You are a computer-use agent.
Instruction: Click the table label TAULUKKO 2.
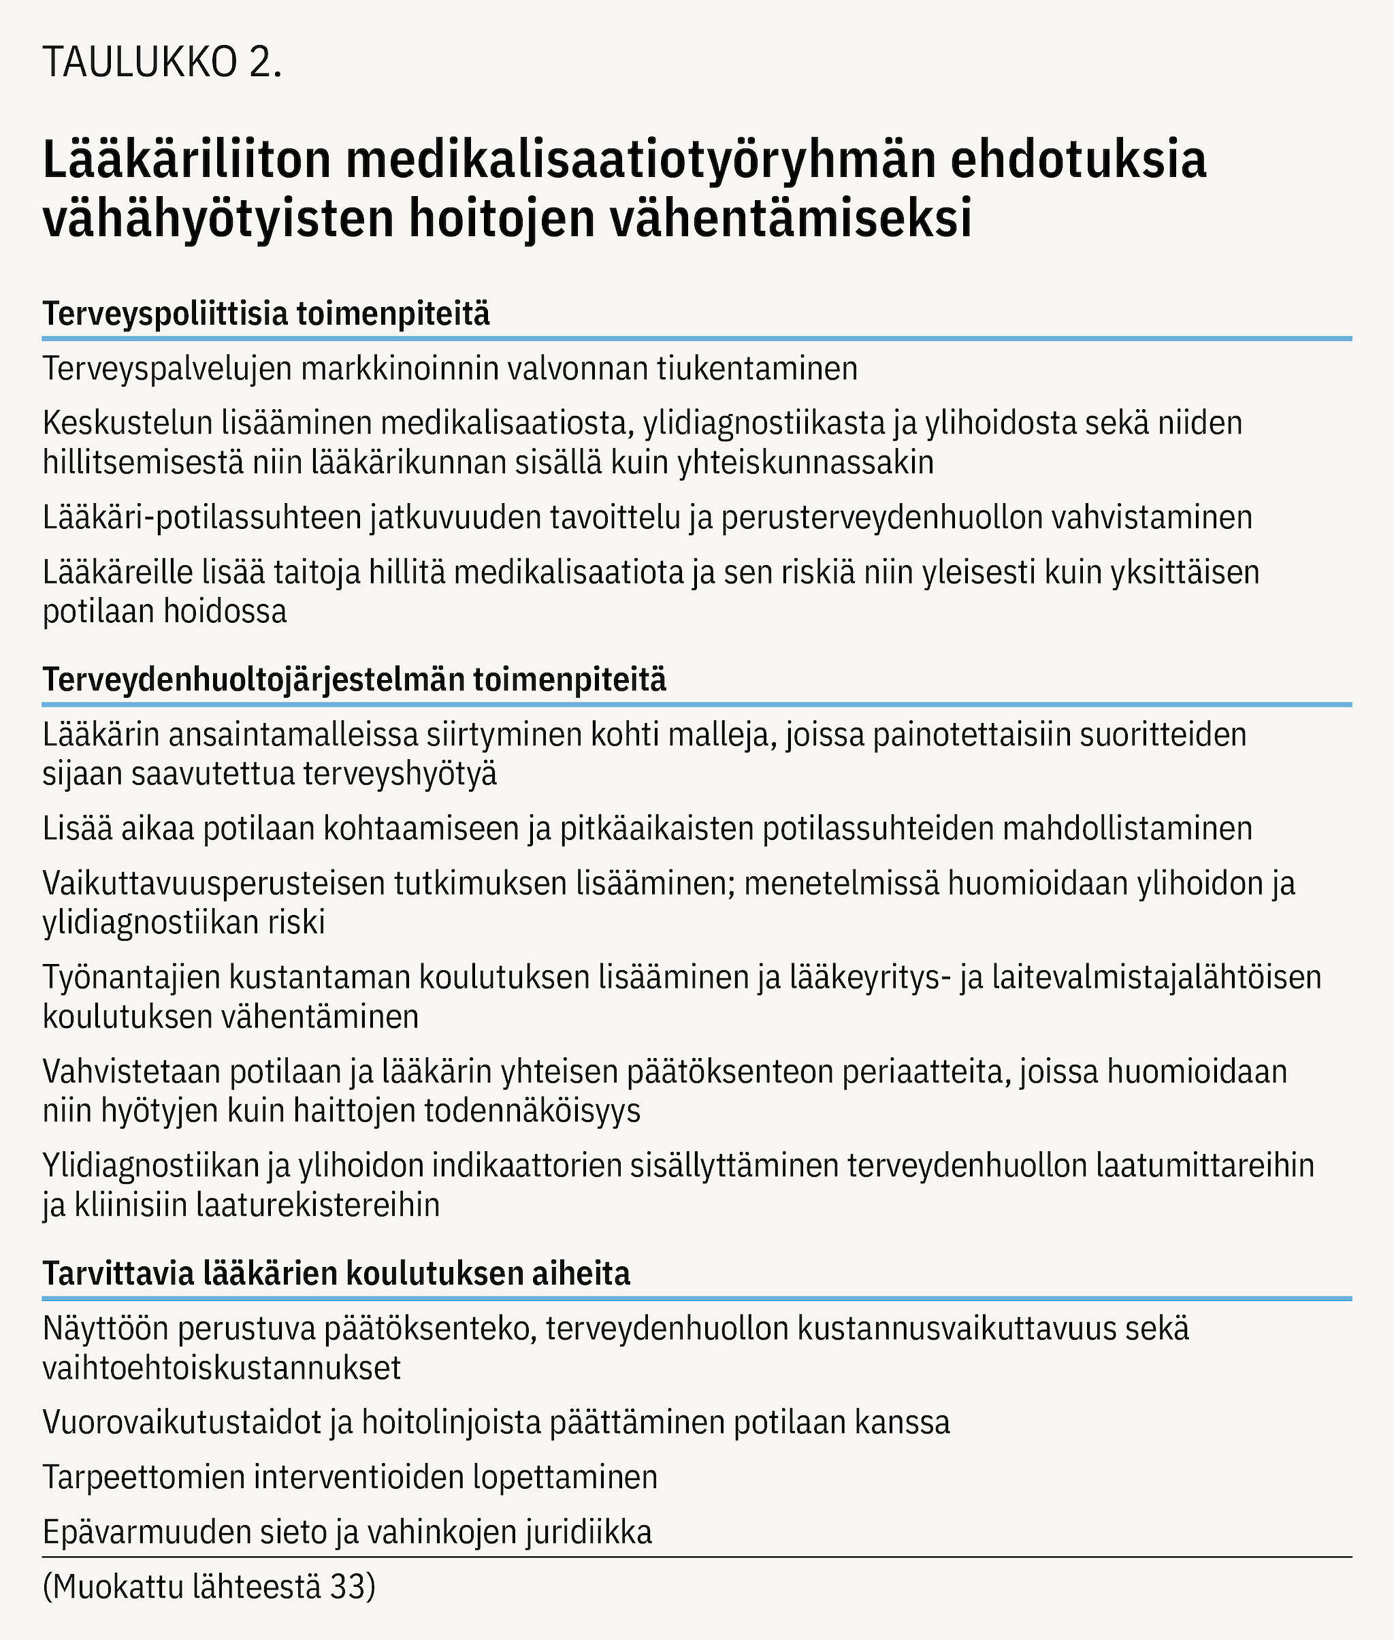click(x=162, y=63)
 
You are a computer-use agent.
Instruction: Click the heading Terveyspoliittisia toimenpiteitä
click(x=266, y=314)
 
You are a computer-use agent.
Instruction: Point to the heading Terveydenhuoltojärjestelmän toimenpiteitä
click(x=354, y=679)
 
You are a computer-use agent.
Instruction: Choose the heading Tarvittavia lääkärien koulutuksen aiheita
click(x=336, y=1274)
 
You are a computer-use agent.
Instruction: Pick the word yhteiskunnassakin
click(x=805, y=462)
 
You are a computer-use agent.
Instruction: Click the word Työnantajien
click(x=131, y=978)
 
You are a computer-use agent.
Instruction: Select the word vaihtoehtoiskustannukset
click(x=222, y=1368)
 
